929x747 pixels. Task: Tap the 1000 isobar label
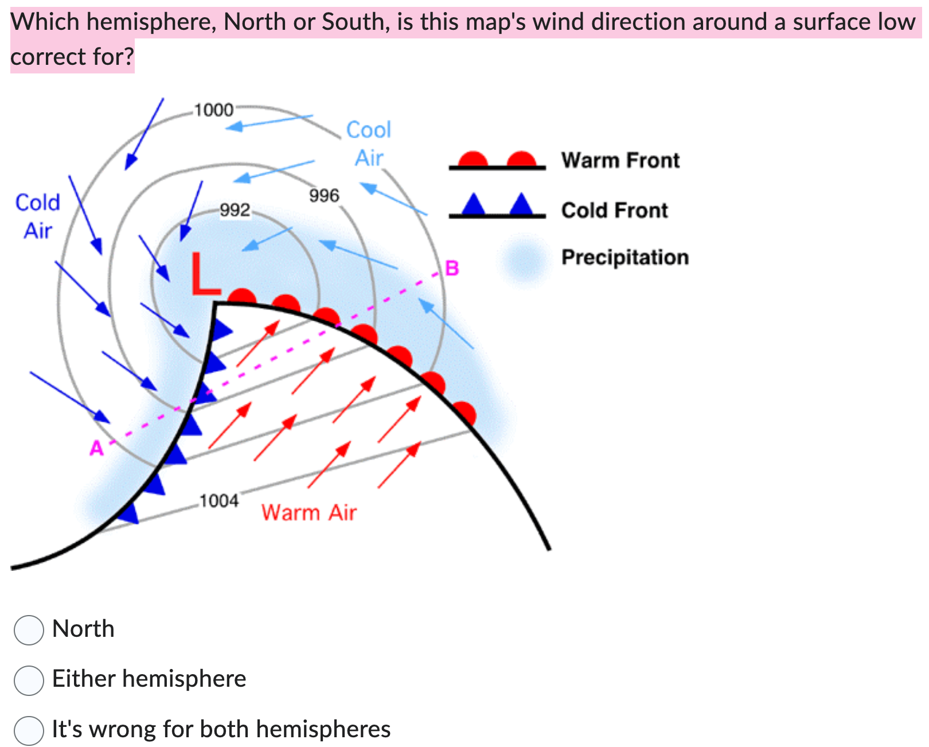[x=214, y=110]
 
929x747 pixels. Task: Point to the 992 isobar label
[x=235, y=210]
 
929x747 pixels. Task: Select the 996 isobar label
[x=324, y=196]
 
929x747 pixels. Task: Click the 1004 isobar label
[x=219, y=501]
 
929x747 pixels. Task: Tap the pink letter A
[x=96, y=448]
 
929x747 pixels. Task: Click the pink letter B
[x=452, y=268]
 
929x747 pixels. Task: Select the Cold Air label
[x=38, y=216]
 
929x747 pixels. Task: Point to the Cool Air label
[x=369, y=143]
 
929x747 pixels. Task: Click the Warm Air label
[x=309, y=512]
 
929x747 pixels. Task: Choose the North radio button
[x=29, y=630]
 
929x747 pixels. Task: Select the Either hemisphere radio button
[x=29, y=680]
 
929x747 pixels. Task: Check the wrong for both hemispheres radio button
[x=29, y=730]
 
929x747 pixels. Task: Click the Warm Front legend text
[x=620, y=160]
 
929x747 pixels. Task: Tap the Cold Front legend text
[x=615, y=211]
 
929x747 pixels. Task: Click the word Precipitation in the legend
[x=625, y=258]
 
